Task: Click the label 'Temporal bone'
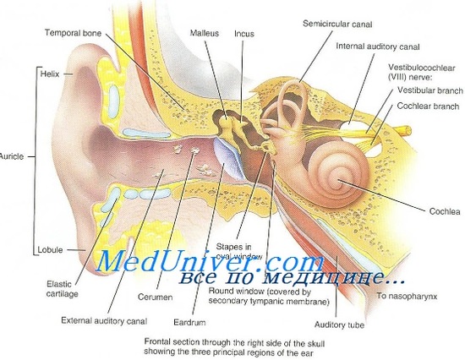pyautogui.click(x=73, y=33)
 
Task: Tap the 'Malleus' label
pyautogui.click(x=205, y=33)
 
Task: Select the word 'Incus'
pyautogui.click(x=244, y=34)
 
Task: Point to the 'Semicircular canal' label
pyautogui.click(x=337, y=24)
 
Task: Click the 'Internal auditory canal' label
pyautogui.click(x=378, y=46)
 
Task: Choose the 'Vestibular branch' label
pyautogui.click(x=430, y=90)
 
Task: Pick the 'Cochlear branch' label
pyautogui.click(x=428, y=106)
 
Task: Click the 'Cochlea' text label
pyautogui.click(x=445, y=211)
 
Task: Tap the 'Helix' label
pyautogui.click(x=50, y=74)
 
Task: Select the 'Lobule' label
pyautogui.click(x=50, y=249)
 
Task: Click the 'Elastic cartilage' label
pyautogui.click(x=63, y=289)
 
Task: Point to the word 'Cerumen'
pyautogui.click(x=155, y=297)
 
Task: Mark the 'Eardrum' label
pyautogui.click(x=189, y=322)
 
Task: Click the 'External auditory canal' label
pyautogui.click(x=104, y=321)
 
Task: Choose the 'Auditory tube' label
pyautogui.click(x=339, y=325)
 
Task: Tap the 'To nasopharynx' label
pyautogui.click(x=407, y=296)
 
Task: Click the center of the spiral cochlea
pyautogui.click(x=339, y=180)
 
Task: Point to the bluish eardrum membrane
pyautogui.click(x=228, y=158)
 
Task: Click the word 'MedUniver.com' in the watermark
pyautogui.click(x=209, y=261)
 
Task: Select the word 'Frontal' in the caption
pyautogui.click(x=157, y=341)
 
